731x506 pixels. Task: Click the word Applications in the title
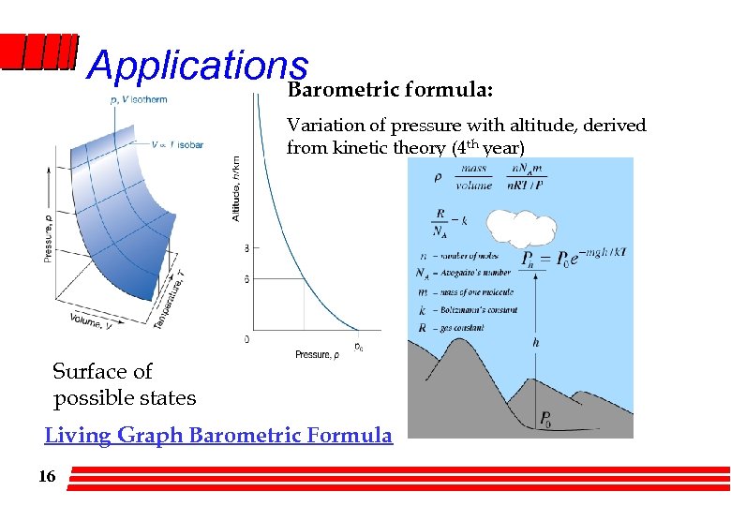197,66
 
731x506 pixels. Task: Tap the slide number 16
47,477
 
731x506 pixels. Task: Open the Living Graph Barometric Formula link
218,435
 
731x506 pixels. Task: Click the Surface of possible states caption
124,384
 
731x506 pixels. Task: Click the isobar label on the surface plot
177,145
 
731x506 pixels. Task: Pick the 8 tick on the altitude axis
246,248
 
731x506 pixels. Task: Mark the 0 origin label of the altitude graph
246,338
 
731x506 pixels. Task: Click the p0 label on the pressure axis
358,347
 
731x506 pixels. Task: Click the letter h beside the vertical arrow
535,343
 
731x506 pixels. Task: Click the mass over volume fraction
473,178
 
